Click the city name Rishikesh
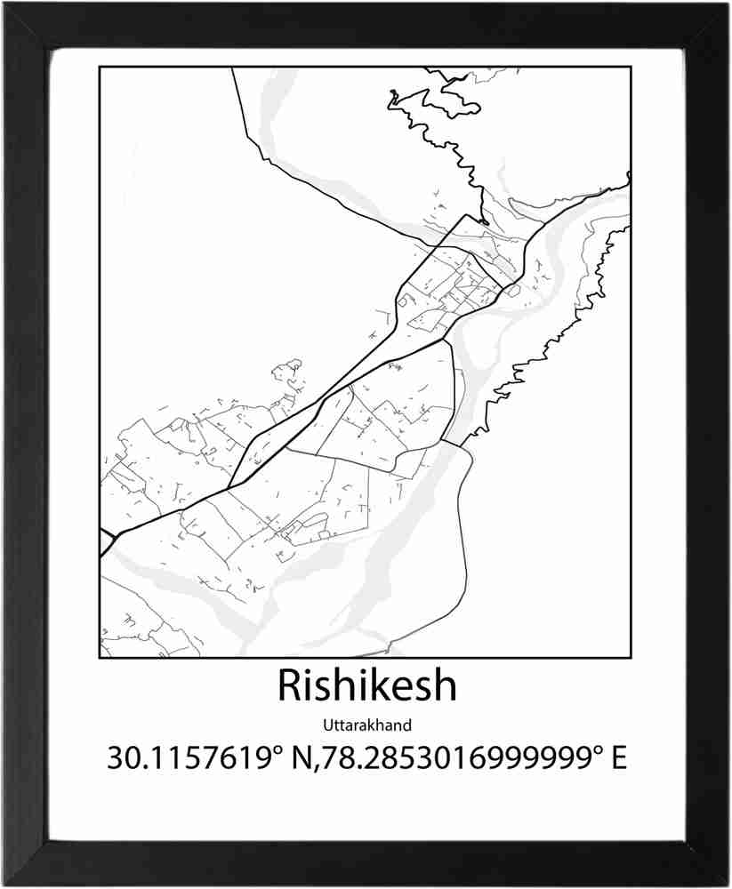(x=366, y=685)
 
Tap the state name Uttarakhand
(x=366, y=725)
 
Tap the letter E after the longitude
(x=618, y=758)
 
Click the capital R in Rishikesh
(x=288, y=685)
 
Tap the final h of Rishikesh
(x=444, y=685)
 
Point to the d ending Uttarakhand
(x=407, y=725)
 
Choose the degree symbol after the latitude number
(x=278, y=749)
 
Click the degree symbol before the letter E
(x=598, y=749)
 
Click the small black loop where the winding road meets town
(x=481, y=220)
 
